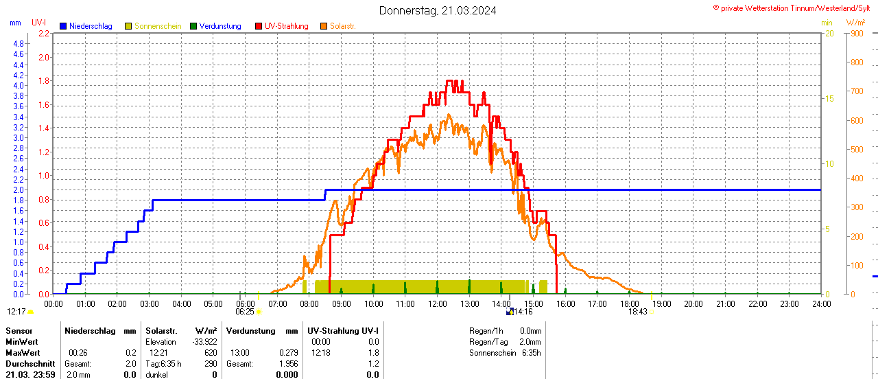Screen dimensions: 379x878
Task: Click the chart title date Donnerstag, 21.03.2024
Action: tap(438, 11)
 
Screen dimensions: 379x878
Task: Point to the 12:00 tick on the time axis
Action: tap(438, 303)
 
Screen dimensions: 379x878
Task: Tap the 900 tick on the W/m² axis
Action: tap(856, 33)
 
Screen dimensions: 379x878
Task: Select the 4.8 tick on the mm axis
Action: tap(19, 43)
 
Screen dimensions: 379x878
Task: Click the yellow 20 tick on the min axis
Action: tap(829, 33)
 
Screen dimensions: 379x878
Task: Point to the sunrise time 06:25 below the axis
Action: tap(245, 311)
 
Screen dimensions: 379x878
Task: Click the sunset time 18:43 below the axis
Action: tap(638, 311)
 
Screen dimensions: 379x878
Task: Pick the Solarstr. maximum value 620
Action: tap(210, 352)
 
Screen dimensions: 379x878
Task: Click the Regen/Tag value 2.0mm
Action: tap(530, 341)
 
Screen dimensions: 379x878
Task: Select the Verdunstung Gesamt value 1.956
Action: tap(288, 363)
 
